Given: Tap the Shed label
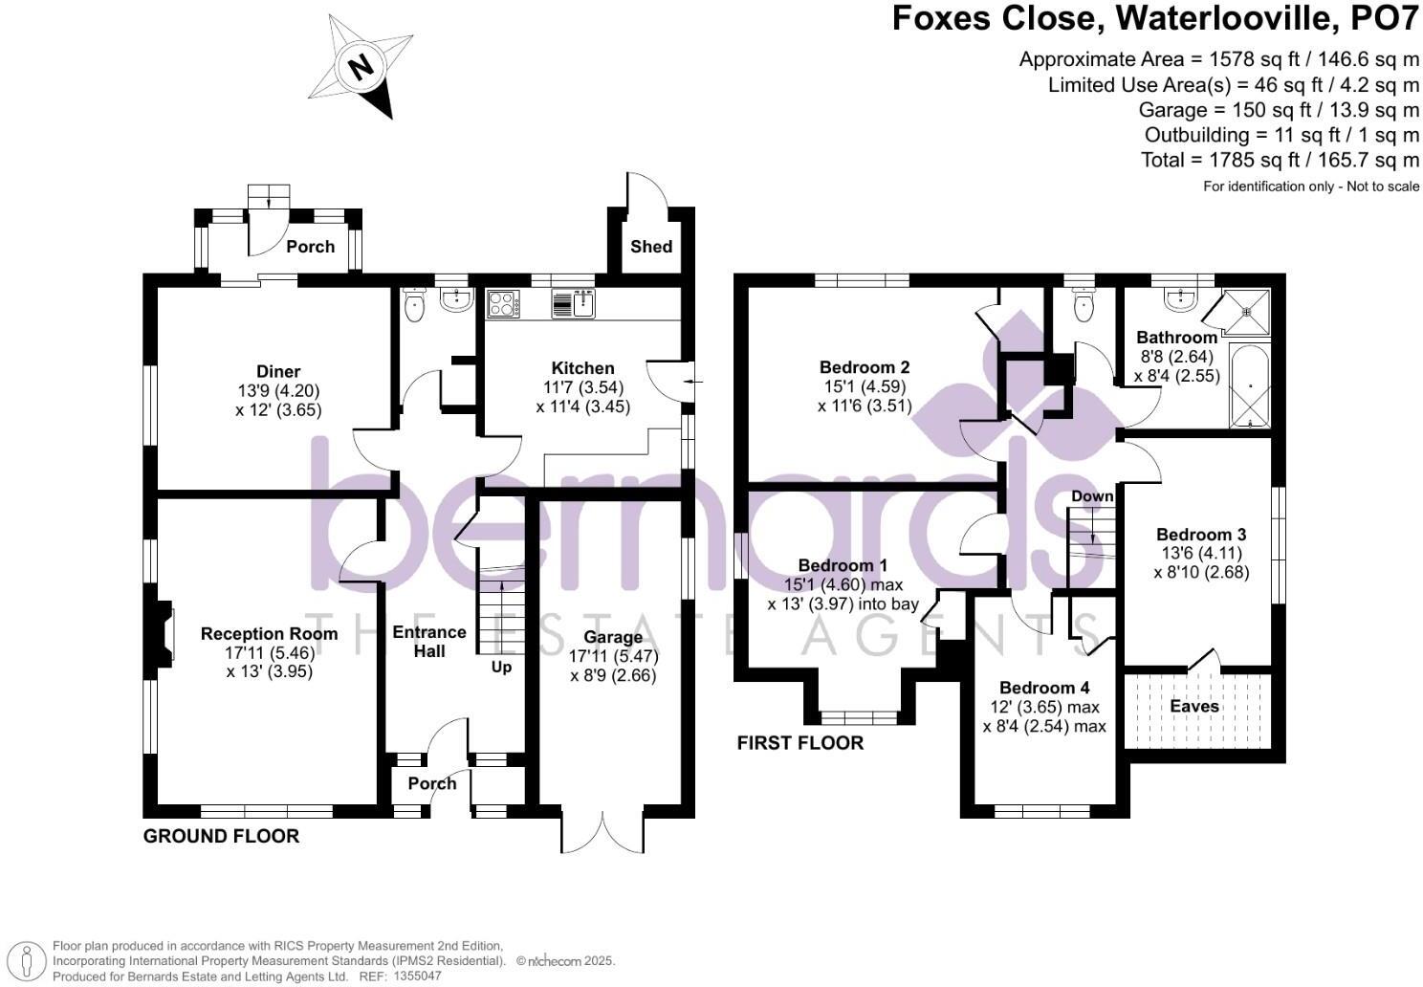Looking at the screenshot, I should [650, 246].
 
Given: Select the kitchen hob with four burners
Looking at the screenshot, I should [503, 304].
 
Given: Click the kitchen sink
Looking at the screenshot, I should [574, 304].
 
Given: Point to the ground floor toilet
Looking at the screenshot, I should [415, 306].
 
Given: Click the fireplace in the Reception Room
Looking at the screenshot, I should [165, 633].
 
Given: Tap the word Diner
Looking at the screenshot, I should [278, 371].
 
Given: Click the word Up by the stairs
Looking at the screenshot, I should [501, 667].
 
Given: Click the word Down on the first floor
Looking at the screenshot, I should [1092, 496].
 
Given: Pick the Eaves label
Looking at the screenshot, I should [1194, 706].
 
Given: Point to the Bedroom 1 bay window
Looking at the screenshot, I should [859, 715].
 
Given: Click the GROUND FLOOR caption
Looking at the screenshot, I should [221, 836].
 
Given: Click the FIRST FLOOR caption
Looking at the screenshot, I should [799, 743].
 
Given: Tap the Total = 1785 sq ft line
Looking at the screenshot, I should [1280, 159].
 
